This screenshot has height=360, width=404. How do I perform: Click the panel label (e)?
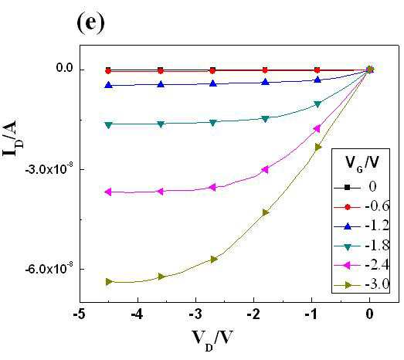90,23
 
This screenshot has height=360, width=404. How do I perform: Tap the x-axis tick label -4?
137,314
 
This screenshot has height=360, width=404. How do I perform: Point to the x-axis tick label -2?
253,314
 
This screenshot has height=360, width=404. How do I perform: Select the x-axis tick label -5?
79,314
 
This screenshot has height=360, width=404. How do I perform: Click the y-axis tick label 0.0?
64,68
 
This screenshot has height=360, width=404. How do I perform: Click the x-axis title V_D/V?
212,340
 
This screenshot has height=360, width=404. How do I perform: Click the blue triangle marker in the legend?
348,226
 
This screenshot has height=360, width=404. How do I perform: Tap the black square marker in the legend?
348,188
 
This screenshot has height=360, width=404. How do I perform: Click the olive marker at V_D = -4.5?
109,281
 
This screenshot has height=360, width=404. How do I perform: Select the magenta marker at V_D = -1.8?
265,169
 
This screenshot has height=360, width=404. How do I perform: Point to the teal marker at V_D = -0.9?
317,104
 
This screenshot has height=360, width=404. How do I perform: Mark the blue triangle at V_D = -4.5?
109,84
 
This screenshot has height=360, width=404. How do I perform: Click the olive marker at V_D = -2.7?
214,259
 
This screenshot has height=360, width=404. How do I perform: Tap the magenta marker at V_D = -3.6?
160,192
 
